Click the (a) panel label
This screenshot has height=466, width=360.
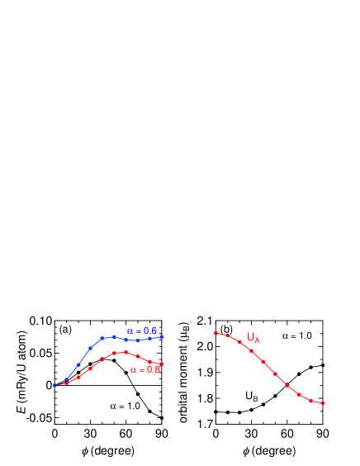coord(65,329)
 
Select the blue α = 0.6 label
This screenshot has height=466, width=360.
coord(142,331)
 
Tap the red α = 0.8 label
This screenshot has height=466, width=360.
coord(144,369)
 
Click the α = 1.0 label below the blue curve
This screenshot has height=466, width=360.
coord(125,406)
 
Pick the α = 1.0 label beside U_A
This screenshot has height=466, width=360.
coord(296,336)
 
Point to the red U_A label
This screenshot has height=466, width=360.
coord(253,337)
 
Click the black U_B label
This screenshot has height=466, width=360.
coord(252,397)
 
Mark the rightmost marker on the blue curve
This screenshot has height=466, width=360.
coord(162,336)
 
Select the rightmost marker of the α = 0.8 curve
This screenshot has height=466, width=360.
coord(162,364)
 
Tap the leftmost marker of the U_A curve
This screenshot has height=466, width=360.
coord(216,333)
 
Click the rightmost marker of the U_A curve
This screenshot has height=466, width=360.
coord(323,403)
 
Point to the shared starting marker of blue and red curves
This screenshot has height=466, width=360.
coord(54,385)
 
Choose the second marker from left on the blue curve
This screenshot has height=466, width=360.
coord(66,379)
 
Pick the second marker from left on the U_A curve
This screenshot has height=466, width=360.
coord(227,335)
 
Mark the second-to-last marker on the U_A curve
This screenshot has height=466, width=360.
coord(311,401)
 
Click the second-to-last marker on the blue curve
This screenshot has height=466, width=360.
coord(150,339)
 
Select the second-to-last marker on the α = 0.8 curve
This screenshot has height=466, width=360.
coord(150,362)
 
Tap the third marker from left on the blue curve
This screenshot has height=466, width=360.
coord(78,364)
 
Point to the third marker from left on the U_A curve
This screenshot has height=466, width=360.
coord(239,341)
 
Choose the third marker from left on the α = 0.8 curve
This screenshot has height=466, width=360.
coord(78,378)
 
